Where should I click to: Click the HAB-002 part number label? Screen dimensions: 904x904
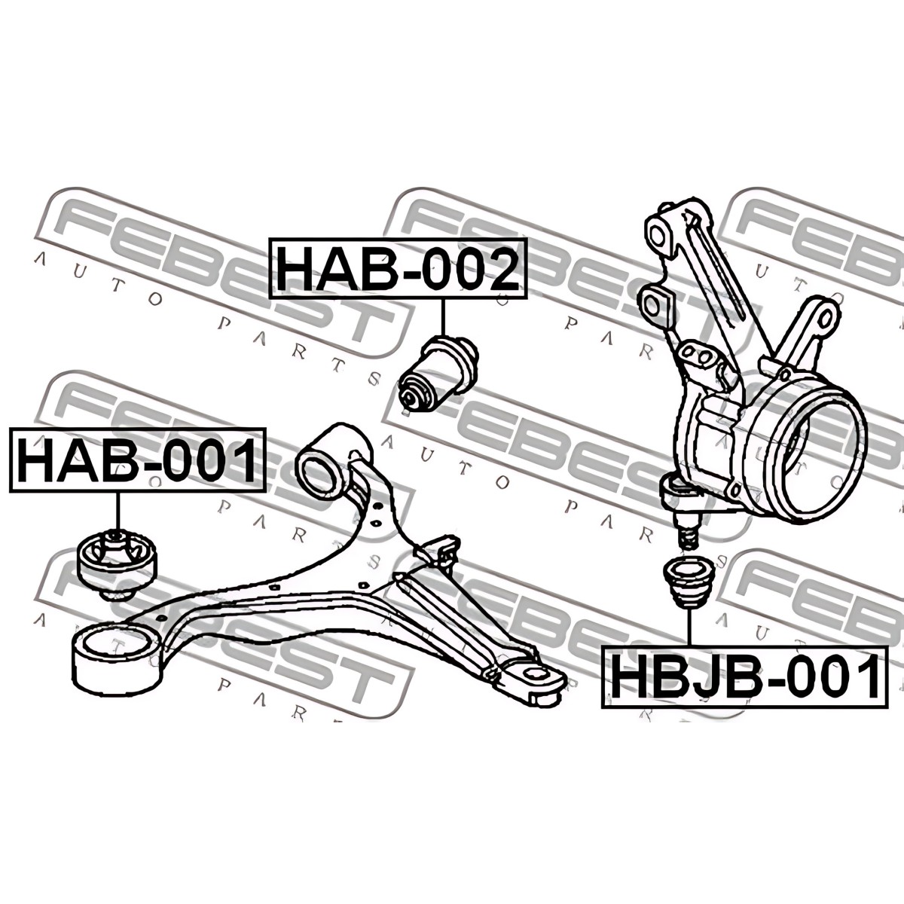click(399, 268)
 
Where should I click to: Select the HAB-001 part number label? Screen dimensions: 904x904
click(137, 460)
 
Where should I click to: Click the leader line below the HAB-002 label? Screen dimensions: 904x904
click(442, 317)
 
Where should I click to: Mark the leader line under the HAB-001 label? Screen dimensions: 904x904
click(117, 511)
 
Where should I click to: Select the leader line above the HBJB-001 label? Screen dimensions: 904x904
click(689, 627)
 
